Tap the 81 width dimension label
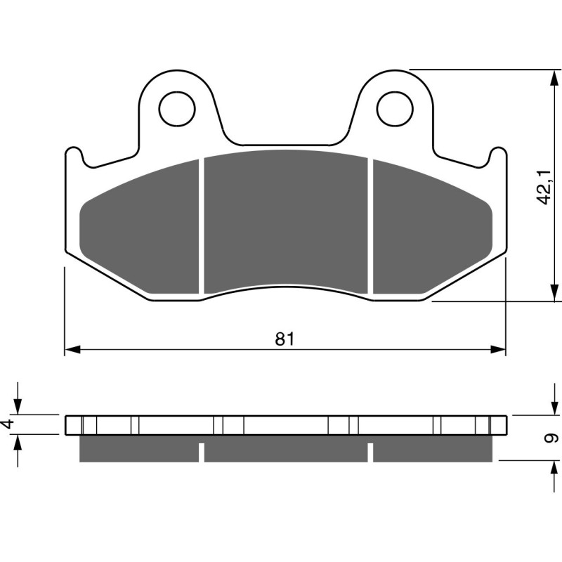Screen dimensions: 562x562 [284, 339]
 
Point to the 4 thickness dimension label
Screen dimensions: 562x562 [8, 424]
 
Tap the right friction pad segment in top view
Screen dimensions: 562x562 [429, 232]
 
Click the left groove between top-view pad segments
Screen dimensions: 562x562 [201, 225]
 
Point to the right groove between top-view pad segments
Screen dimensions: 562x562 [370, 225]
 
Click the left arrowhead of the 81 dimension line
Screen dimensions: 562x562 [70, 349]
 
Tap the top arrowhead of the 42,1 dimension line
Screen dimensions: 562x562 [549, 75]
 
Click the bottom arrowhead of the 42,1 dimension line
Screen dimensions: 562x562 [549, 295]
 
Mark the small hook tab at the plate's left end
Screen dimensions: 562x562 [74, 157]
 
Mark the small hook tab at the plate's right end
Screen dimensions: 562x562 [497, 157]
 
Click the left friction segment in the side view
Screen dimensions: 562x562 [139, 450]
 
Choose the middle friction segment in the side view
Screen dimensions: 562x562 [285, 450]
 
